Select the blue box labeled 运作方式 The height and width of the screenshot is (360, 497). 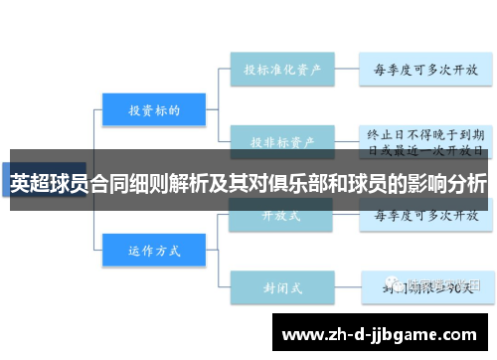point(153,251)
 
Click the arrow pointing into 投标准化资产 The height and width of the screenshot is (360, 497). point(221,70)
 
